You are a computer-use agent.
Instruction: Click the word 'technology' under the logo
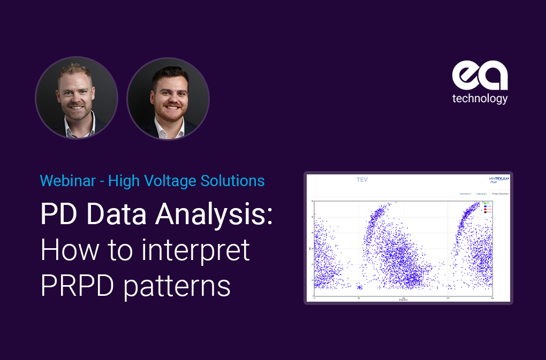(x=480, y=99)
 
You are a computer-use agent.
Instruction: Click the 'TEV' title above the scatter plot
(x=362, y=180)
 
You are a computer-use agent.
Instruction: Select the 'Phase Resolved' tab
(x=499, y=194)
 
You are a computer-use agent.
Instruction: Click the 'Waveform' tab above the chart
(x=465, y=194)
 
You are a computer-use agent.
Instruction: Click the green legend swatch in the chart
(x=485, y=204)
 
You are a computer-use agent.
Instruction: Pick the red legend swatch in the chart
(x=485, y=210)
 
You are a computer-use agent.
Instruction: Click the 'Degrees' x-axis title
(x=403, y=300)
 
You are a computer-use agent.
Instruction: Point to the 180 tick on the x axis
(x=403, y=297)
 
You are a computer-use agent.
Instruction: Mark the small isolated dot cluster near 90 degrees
(x=359, y=287)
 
